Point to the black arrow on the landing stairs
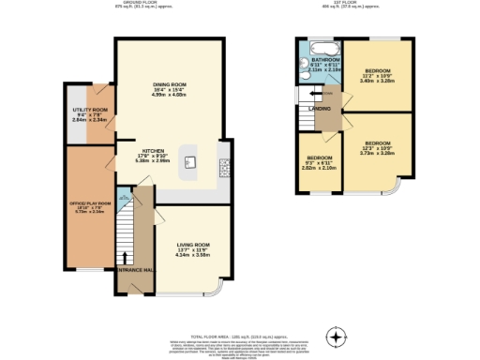317,94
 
